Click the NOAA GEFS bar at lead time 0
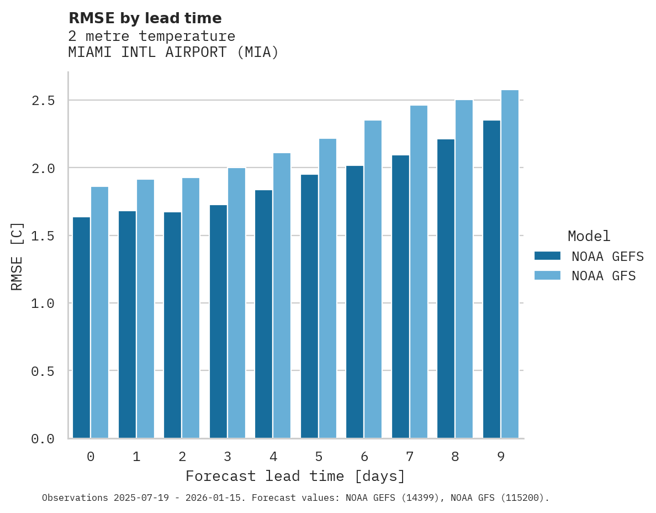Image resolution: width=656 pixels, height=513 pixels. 81,327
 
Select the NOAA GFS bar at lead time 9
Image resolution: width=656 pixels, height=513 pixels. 510,264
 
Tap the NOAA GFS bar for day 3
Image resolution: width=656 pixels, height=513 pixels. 236,303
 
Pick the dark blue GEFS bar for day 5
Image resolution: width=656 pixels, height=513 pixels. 309,306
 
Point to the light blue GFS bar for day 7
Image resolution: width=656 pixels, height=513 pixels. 419,271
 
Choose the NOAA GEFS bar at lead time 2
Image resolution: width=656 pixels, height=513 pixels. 172,325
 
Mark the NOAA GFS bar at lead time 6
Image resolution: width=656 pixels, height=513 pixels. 373,279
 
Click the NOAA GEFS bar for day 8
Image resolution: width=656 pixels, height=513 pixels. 446,289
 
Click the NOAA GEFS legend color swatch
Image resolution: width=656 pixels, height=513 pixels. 547,256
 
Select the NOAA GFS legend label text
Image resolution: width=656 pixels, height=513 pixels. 604,276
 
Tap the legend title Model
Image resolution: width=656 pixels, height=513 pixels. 589,236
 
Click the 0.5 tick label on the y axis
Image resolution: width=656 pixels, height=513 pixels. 43,371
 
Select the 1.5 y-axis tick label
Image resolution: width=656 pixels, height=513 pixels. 43,236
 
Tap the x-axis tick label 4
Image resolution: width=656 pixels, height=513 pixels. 273,457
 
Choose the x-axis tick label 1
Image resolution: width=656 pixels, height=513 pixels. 136,457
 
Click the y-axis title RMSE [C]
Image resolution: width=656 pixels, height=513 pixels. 17,256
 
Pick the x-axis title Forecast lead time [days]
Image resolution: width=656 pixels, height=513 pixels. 295,476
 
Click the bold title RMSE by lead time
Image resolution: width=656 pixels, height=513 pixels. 145,18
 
